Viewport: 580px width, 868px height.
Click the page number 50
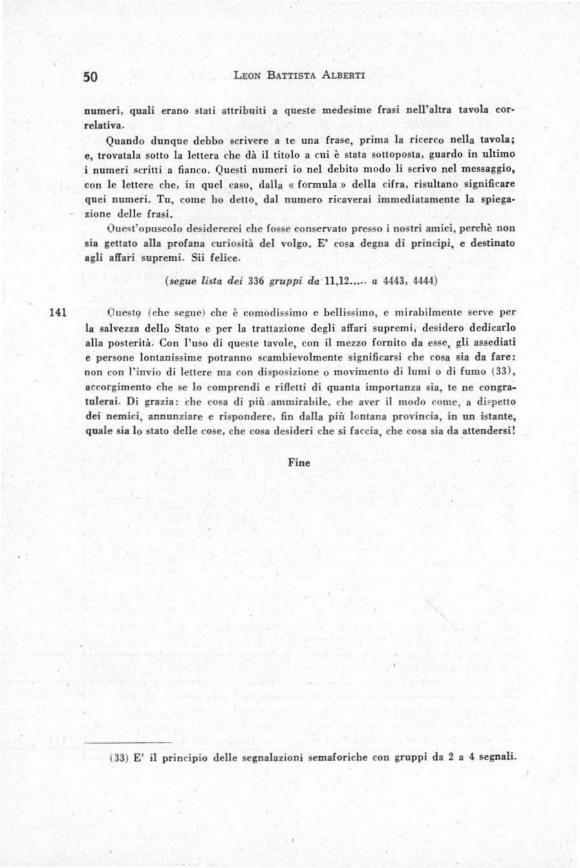[x=90, y=76]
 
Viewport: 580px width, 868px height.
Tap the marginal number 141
[x=58, y=312]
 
